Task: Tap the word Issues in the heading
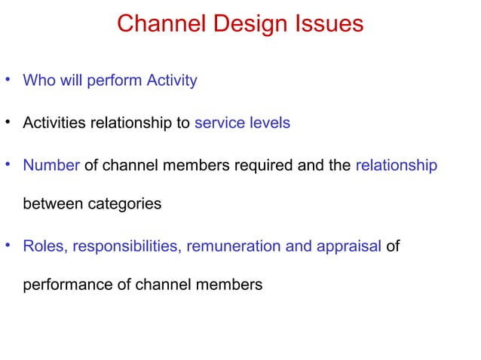(326, 24)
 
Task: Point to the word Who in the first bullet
(39, 81)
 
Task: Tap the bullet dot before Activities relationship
(8, 122)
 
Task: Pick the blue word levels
(270, 123)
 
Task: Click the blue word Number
(51, 165)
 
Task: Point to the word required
(269, 165)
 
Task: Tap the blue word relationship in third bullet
(396, 165)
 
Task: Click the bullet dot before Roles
(8, 245)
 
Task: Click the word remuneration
(235, 246)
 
